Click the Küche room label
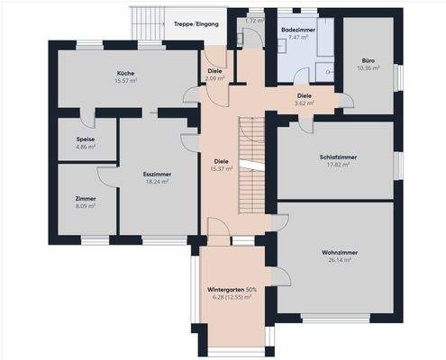click(x=126, y=73)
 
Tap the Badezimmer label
click(x=297, y=30)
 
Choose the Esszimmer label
click(x=157, y=174)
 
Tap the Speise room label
click(x=86, y=139)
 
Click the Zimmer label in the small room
click(x=86, y=198)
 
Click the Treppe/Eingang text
click(x=195, y=24)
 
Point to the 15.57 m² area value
click(x=126, y=81)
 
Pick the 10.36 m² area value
click(x=369, y=68)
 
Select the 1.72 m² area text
click(x=254, y=20)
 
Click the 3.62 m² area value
click(x=305, y=103)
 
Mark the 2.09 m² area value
click(x=214, y=79)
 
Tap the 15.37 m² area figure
click(x=222, y=168)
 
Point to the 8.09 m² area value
click(x=86, y=206)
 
